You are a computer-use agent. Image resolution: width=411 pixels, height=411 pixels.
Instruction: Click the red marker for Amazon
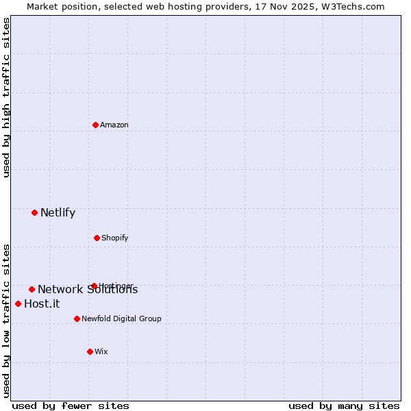96,125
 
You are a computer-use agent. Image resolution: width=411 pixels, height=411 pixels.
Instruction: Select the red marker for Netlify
34,212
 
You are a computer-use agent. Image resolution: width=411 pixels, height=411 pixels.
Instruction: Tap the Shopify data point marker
97,238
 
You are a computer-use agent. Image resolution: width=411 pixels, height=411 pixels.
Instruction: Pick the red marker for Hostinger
94,286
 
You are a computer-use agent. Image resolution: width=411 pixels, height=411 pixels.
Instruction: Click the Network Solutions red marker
32,289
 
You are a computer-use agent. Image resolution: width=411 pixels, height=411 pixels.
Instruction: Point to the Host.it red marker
18,303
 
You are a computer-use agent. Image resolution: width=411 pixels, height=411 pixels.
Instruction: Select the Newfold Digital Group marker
77,319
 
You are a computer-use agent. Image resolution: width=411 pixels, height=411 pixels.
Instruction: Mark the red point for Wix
90,351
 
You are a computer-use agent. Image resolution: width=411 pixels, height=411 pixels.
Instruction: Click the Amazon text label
114,125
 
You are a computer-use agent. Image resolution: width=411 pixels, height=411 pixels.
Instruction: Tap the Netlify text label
58,212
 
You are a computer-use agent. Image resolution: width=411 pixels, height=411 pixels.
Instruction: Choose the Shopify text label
115,238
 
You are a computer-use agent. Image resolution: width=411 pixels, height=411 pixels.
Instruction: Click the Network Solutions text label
88,290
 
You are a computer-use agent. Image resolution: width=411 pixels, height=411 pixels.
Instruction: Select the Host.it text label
42,304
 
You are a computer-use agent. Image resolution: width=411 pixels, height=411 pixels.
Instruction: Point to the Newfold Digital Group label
121,319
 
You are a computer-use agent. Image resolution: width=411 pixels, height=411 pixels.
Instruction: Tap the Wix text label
101,351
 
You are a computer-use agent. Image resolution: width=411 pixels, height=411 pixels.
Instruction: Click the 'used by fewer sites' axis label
71,406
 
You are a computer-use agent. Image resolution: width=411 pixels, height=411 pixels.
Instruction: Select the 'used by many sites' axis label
344,406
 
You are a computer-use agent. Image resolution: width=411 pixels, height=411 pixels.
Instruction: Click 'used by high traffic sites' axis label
6,97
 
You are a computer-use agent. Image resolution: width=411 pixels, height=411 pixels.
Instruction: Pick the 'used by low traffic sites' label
6,321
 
